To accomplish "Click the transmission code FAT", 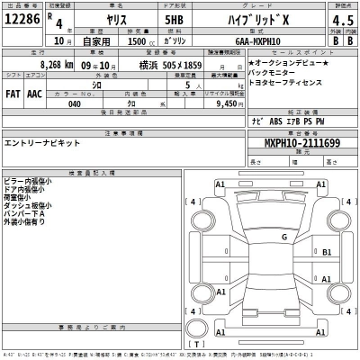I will [x=13, y=93].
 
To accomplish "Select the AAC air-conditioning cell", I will [x=35, y=93].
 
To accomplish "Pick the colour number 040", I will [x=74, y=103].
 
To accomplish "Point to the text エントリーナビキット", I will [x=43, y=143].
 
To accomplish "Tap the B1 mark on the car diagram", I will [x=328, y=252].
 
